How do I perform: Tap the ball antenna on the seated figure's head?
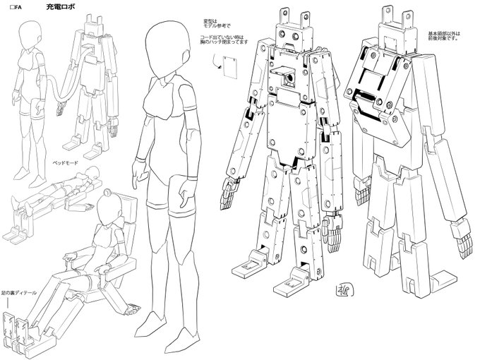(107, 191)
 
